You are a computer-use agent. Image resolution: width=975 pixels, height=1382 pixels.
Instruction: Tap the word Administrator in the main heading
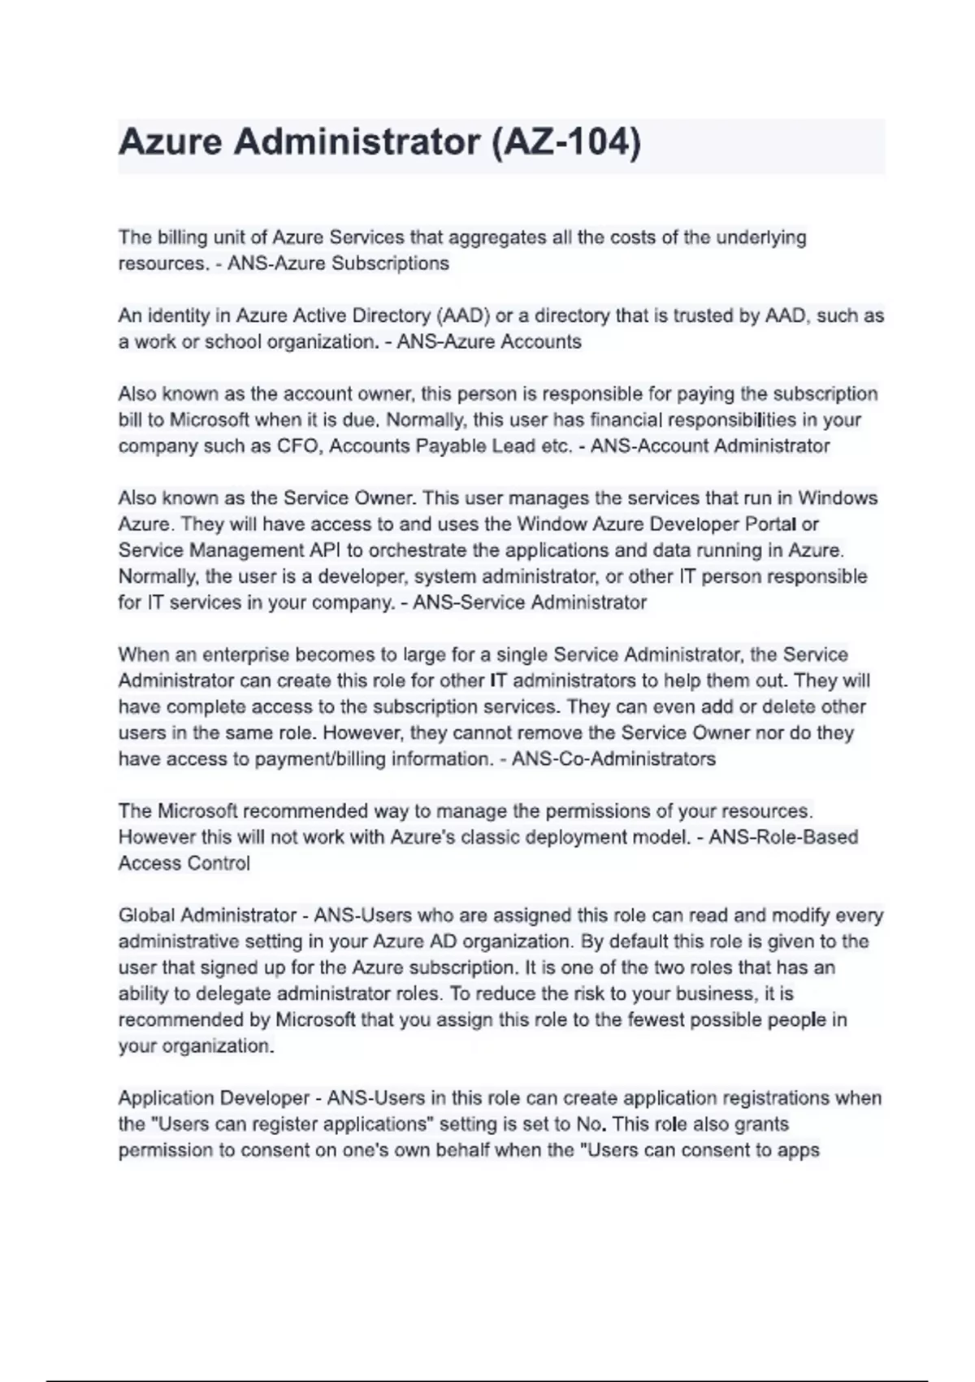[357, 143]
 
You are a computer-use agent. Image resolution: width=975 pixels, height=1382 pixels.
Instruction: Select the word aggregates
[497, 237]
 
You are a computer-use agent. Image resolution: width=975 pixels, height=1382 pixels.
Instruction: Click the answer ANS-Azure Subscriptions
[338, 263]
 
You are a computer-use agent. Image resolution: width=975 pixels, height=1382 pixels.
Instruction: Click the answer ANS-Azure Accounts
[489, 341]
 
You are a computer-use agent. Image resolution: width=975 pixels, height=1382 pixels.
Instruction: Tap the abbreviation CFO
[297, 446]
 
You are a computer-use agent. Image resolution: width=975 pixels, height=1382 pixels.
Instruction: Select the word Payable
[448, 446]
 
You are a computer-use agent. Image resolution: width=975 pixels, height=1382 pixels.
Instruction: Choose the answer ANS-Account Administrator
[710, 446]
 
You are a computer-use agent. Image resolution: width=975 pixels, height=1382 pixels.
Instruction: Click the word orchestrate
[418, 550]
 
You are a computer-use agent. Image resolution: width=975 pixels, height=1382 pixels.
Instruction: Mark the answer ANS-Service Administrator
[530, 602]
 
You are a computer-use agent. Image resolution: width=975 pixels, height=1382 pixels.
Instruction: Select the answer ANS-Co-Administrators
[613, 759]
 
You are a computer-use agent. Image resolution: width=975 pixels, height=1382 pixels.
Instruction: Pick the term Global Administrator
[207, 915]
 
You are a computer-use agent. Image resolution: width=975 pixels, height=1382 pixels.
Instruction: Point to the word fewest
[656, 1019]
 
